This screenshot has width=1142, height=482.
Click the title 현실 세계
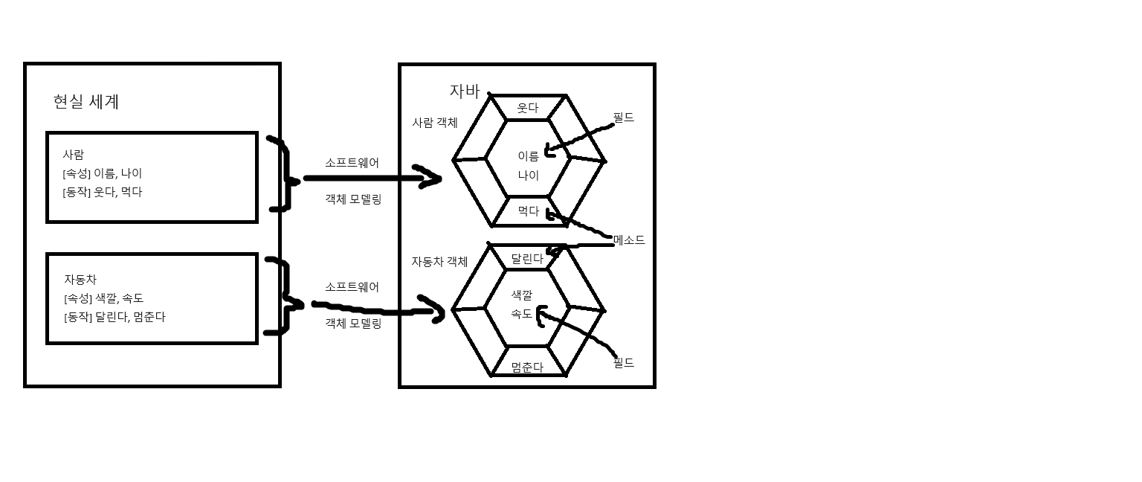(x=86, y=102)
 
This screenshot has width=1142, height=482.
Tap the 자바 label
(x=465, y=91)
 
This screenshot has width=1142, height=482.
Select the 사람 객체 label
(x=435, y=123)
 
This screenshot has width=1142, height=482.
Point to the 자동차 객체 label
(x=439, y=262)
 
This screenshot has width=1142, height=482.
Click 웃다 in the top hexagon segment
(x=527, y=108)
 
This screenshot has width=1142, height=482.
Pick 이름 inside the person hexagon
(x=528, y=156)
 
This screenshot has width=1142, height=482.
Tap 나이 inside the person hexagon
(x=528, y=176)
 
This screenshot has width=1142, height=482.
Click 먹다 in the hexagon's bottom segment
(x=528, y=211)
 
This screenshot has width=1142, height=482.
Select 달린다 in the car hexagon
(x=526, y=259)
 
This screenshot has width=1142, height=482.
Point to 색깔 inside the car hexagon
(x=522, y=295)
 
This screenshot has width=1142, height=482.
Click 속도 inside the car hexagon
(x=522, y=314)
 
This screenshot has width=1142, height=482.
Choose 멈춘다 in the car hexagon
(x=527, y=367)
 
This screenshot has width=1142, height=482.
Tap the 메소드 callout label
(x=629, y=240)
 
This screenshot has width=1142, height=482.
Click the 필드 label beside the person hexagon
(x=623, y=118)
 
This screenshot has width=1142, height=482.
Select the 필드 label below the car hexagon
(x=623, y=363)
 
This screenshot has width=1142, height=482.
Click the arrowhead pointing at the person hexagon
(x=431, y=179)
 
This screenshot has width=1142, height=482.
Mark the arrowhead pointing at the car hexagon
(x=436, y=312)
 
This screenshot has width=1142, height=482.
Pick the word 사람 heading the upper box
(x=73, y=155)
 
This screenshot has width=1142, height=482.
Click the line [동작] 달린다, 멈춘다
(x=114, y=317)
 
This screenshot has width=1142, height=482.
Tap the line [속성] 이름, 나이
(x=103, y=173)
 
